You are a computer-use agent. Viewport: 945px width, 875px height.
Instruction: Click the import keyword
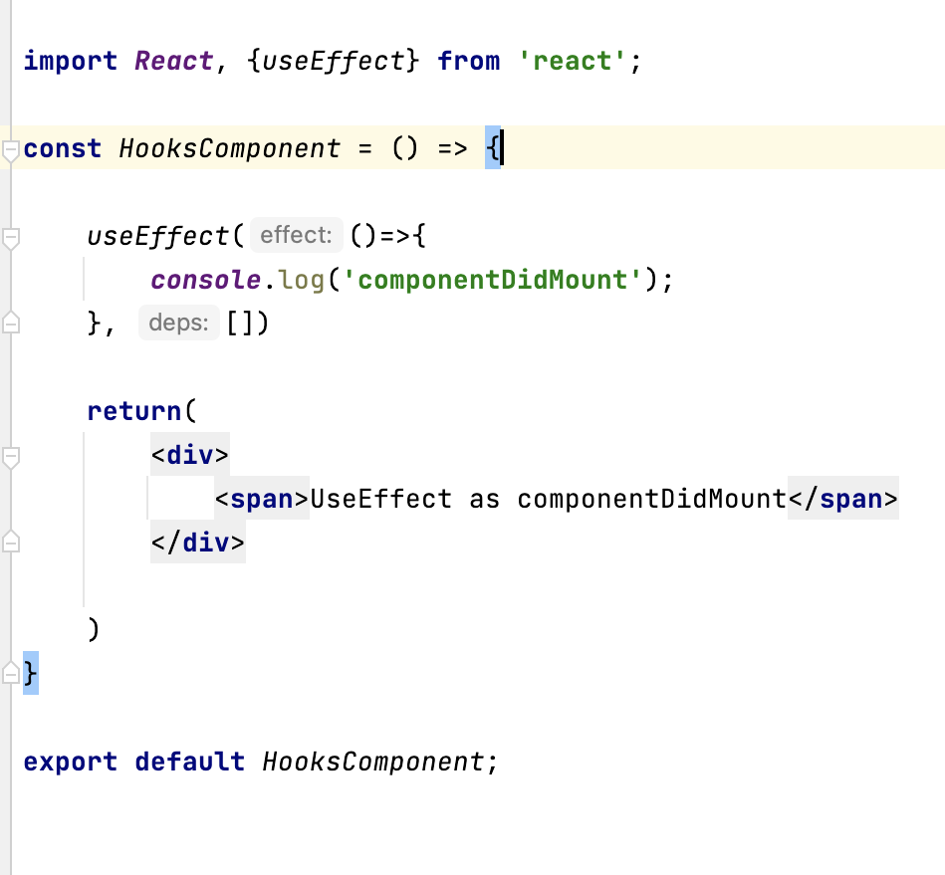[71, 62]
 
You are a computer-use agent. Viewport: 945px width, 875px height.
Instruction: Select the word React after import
[173, 61]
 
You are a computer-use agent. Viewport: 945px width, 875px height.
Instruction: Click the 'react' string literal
[573, 61]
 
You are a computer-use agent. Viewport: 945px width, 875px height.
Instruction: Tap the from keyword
[469, 61]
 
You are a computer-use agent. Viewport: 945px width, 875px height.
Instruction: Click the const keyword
[62, 148]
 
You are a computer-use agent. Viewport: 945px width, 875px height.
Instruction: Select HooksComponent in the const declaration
[230, 148]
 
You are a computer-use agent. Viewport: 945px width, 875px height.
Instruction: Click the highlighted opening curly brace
[492, 147]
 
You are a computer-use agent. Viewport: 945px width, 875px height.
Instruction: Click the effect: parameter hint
[296, 235]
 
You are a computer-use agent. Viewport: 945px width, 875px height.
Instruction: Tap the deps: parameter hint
[179, 323]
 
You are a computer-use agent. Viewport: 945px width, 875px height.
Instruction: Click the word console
[205, 280]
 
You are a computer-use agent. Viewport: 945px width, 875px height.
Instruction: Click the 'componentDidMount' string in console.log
[492, 280]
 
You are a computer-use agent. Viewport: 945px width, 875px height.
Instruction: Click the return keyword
[133, 411]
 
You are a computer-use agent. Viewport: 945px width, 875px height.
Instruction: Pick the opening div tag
[190, 454]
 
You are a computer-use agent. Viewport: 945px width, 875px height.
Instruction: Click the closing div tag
[198, 543]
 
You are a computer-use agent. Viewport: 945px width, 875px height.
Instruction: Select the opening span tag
[262, 499]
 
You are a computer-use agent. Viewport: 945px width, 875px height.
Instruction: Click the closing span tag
[843, 499]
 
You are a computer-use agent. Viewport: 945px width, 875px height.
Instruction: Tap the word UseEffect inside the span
[381, 499]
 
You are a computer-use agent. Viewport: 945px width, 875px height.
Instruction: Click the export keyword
[71, 762]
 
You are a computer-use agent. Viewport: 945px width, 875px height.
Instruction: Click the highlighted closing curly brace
[31, 673]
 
